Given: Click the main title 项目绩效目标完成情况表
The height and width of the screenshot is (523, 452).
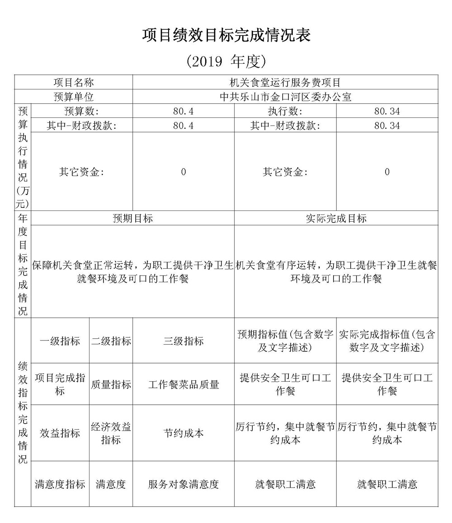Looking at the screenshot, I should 226,35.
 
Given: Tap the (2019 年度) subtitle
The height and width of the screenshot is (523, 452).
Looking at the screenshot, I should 226,61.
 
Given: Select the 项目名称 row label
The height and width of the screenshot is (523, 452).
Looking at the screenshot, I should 74,83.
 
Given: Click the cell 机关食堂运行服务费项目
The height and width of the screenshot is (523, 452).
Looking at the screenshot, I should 285,83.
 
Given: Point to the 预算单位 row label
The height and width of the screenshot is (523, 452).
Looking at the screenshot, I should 74,97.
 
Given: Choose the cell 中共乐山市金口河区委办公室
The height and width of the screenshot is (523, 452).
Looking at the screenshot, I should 285,97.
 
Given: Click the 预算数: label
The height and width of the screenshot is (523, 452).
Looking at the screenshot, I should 81,111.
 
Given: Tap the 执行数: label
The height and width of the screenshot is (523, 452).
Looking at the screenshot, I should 285,111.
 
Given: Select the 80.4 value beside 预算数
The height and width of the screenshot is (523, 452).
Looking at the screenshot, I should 183,111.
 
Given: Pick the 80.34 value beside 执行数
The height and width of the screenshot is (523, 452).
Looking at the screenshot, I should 387,111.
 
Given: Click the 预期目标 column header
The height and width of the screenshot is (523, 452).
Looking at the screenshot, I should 132,219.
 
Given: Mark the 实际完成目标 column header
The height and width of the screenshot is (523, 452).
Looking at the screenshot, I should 336,219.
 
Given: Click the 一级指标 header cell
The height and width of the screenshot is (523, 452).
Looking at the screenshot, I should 60,341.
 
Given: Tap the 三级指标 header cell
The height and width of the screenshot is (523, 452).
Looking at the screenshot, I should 183,341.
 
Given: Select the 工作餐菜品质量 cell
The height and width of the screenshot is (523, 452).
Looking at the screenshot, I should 183,384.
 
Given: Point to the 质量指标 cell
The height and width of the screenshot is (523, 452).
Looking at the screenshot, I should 111,384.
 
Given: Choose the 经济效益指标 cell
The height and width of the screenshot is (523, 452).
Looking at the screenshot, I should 111,433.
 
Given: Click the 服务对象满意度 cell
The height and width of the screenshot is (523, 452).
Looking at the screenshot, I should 183,485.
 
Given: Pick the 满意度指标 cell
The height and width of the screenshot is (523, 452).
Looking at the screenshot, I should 60,485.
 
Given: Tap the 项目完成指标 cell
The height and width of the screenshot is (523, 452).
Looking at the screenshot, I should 60,384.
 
